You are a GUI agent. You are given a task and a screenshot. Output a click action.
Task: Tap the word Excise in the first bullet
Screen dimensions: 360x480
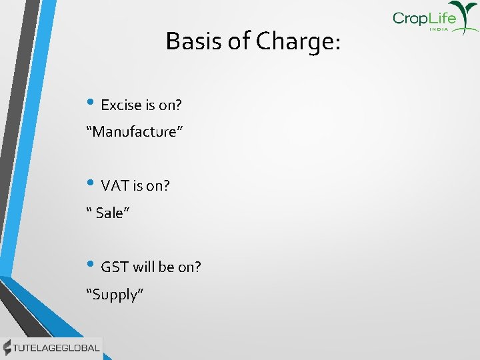(121, 105)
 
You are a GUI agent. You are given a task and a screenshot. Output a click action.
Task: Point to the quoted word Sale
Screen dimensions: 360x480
(109, 213)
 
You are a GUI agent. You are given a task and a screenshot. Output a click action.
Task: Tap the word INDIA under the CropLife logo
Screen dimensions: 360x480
(439, 29)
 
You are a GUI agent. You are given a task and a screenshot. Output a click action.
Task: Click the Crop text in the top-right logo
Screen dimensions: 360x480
(409, 18)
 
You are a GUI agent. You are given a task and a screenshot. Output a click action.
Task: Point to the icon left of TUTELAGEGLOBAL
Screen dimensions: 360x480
(7, 347)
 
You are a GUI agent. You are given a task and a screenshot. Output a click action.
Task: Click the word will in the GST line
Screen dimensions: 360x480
(143, 267)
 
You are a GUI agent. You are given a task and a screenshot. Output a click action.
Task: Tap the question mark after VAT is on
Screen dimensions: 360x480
(166, 186)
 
